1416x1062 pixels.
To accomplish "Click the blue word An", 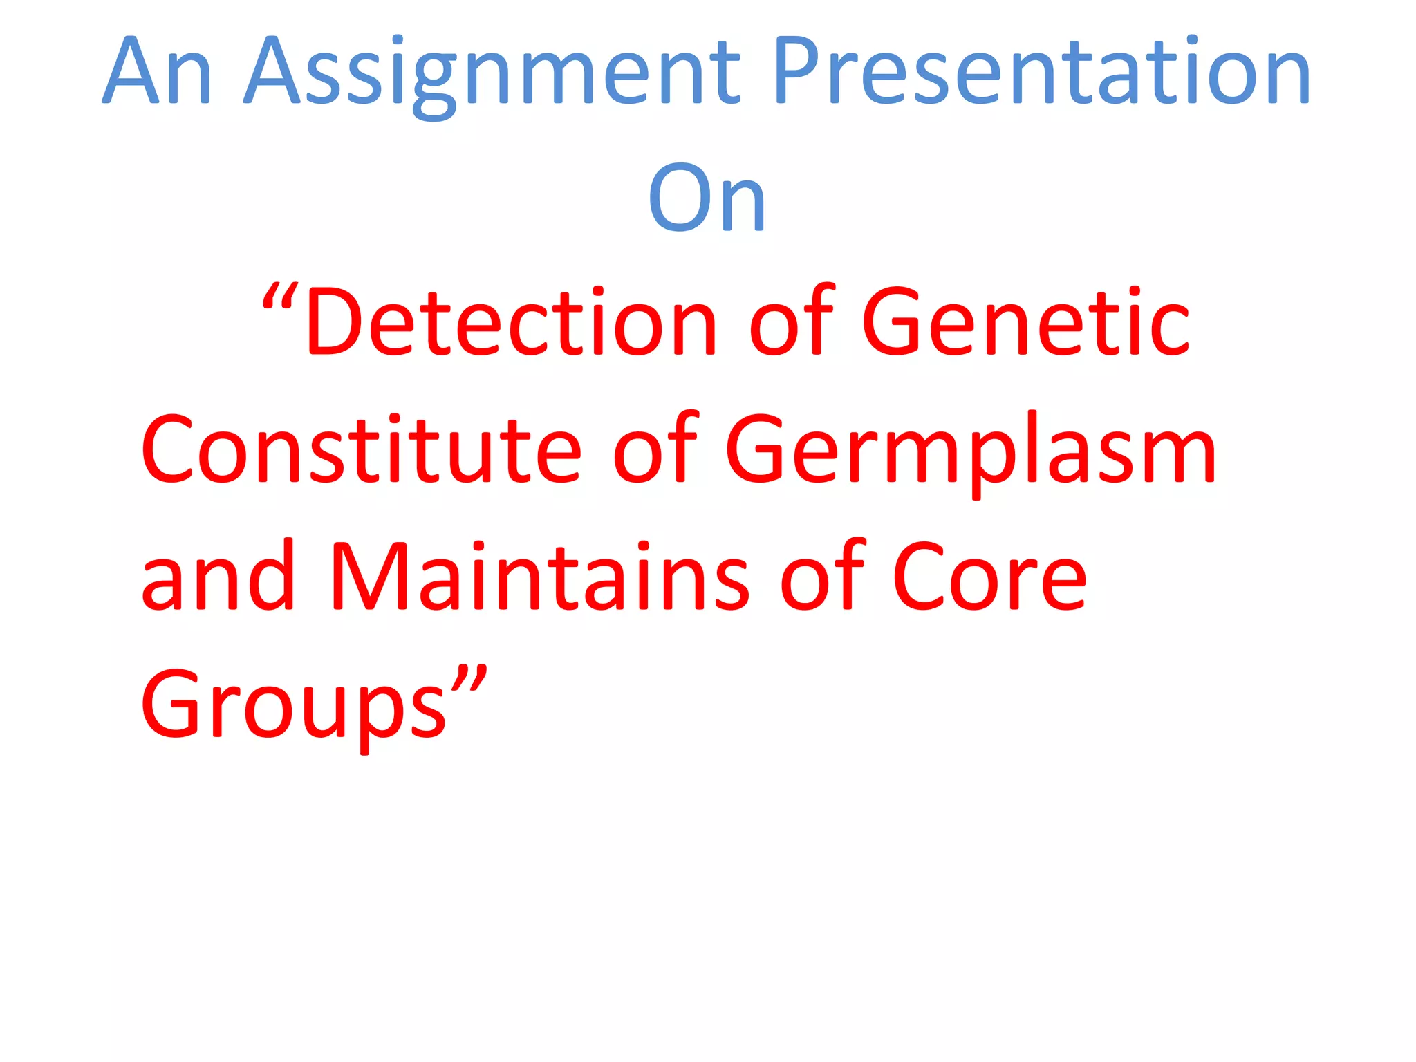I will click(158, 72).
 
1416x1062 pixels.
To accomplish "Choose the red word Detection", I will click(512, 324).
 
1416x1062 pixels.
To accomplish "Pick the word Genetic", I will click(1025, 324).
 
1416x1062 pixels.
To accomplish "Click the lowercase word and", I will click(218, 577).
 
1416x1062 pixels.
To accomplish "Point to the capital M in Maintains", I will click(371, 577).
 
